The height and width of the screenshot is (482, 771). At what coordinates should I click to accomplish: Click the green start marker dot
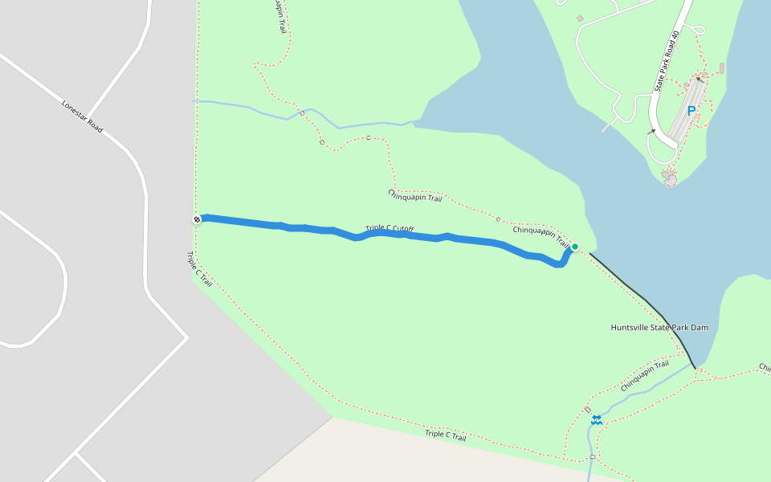pos(575,247)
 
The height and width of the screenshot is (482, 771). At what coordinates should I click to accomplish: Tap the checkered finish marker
pos(197,219)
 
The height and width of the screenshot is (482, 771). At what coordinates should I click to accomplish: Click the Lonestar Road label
pos(83,116)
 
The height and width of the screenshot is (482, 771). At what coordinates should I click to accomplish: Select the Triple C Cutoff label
pos(390,229)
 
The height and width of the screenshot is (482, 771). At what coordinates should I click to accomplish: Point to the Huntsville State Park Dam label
pos(659,328)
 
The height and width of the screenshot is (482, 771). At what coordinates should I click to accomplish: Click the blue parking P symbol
pos(691,111)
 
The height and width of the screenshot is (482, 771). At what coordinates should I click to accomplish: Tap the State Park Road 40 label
pos(667,60)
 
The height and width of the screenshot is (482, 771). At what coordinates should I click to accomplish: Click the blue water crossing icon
pos(597,419)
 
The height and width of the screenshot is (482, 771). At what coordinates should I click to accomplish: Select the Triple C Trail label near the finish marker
pos(199,270)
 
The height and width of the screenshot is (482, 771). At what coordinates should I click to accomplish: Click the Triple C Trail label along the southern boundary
pos(446,435)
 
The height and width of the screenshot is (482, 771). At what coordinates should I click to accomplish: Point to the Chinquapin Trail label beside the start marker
pos(541,234)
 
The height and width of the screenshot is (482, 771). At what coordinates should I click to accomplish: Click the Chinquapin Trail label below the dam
pos(645,376)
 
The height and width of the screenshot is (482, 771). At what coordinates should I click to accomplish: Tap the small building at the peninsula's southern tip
pos(668,174)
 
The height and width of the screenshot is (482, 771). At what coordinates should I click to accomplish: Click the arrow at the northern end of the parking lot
pos(700,80)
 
